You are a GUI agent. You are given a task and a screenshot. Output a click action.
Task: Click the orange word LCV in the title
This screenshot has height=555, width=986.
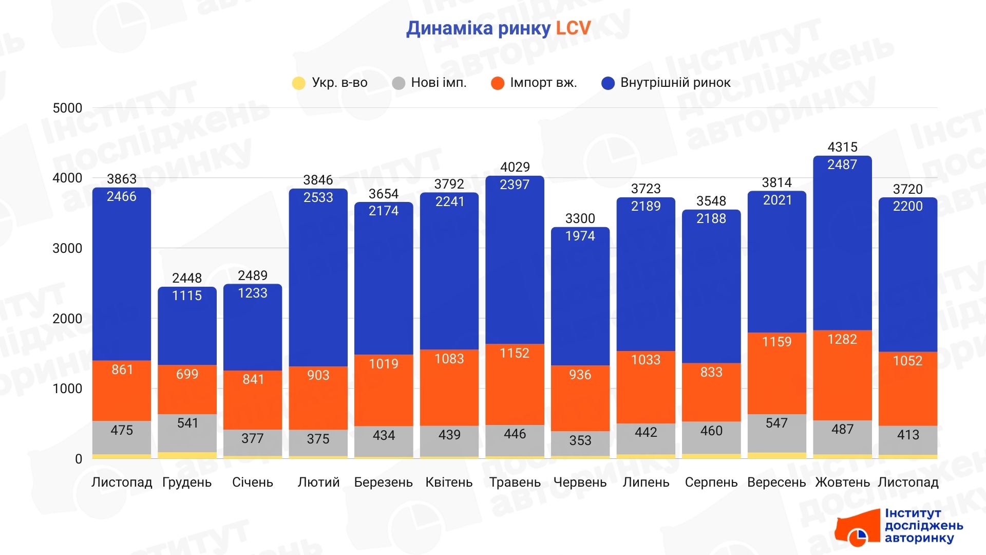(x=573, y=28)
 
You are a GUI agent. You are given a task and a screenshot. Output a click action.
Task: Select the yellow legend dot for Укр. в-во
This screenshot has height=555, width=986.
(x=298, y=83)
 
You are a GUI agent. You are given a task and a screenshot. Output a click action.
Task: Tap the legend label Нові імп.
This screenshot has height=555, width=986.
(x=439, y=83)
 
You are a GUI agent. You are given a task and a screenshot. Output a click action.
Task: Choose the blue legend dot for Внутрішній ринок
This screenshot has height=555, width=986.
(x=608, y=83)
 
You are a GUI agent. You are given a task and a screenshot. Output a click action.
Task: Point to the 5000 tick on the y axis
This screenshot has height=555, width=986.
(x=67, y=108)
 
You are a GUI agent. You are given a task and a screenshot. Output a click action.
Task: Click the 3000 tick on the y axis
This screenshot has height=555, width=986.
(x=67, y=248)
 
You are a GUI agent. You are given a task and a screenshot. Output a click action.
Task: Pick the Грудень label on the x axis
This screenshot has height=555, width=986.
(x=187, y=483)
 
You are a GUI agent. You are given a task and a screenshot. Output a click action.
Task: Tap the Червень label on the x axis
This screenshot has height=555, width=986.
(x=580, y=483)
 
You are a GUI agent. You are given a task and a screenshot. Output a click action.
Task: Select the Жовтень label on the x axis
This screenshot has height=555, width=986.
(x=842, y=483)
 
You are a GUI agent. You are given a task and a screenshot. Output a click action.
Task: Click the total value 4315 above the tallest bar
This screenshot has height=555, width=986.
(x=842, y=147)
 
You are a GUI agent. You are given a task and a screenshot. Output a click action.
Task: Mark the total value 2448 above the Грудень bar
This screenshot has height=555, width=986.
(x=187, y=278)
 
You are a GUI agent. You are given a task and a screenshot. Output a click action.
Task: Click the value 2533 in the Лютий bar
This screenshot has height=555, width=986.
(x=318, y=197)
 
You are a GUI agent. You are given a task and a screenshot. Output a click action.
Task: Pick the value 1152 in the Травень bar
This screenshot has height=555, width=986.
(x=515, y=353)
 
